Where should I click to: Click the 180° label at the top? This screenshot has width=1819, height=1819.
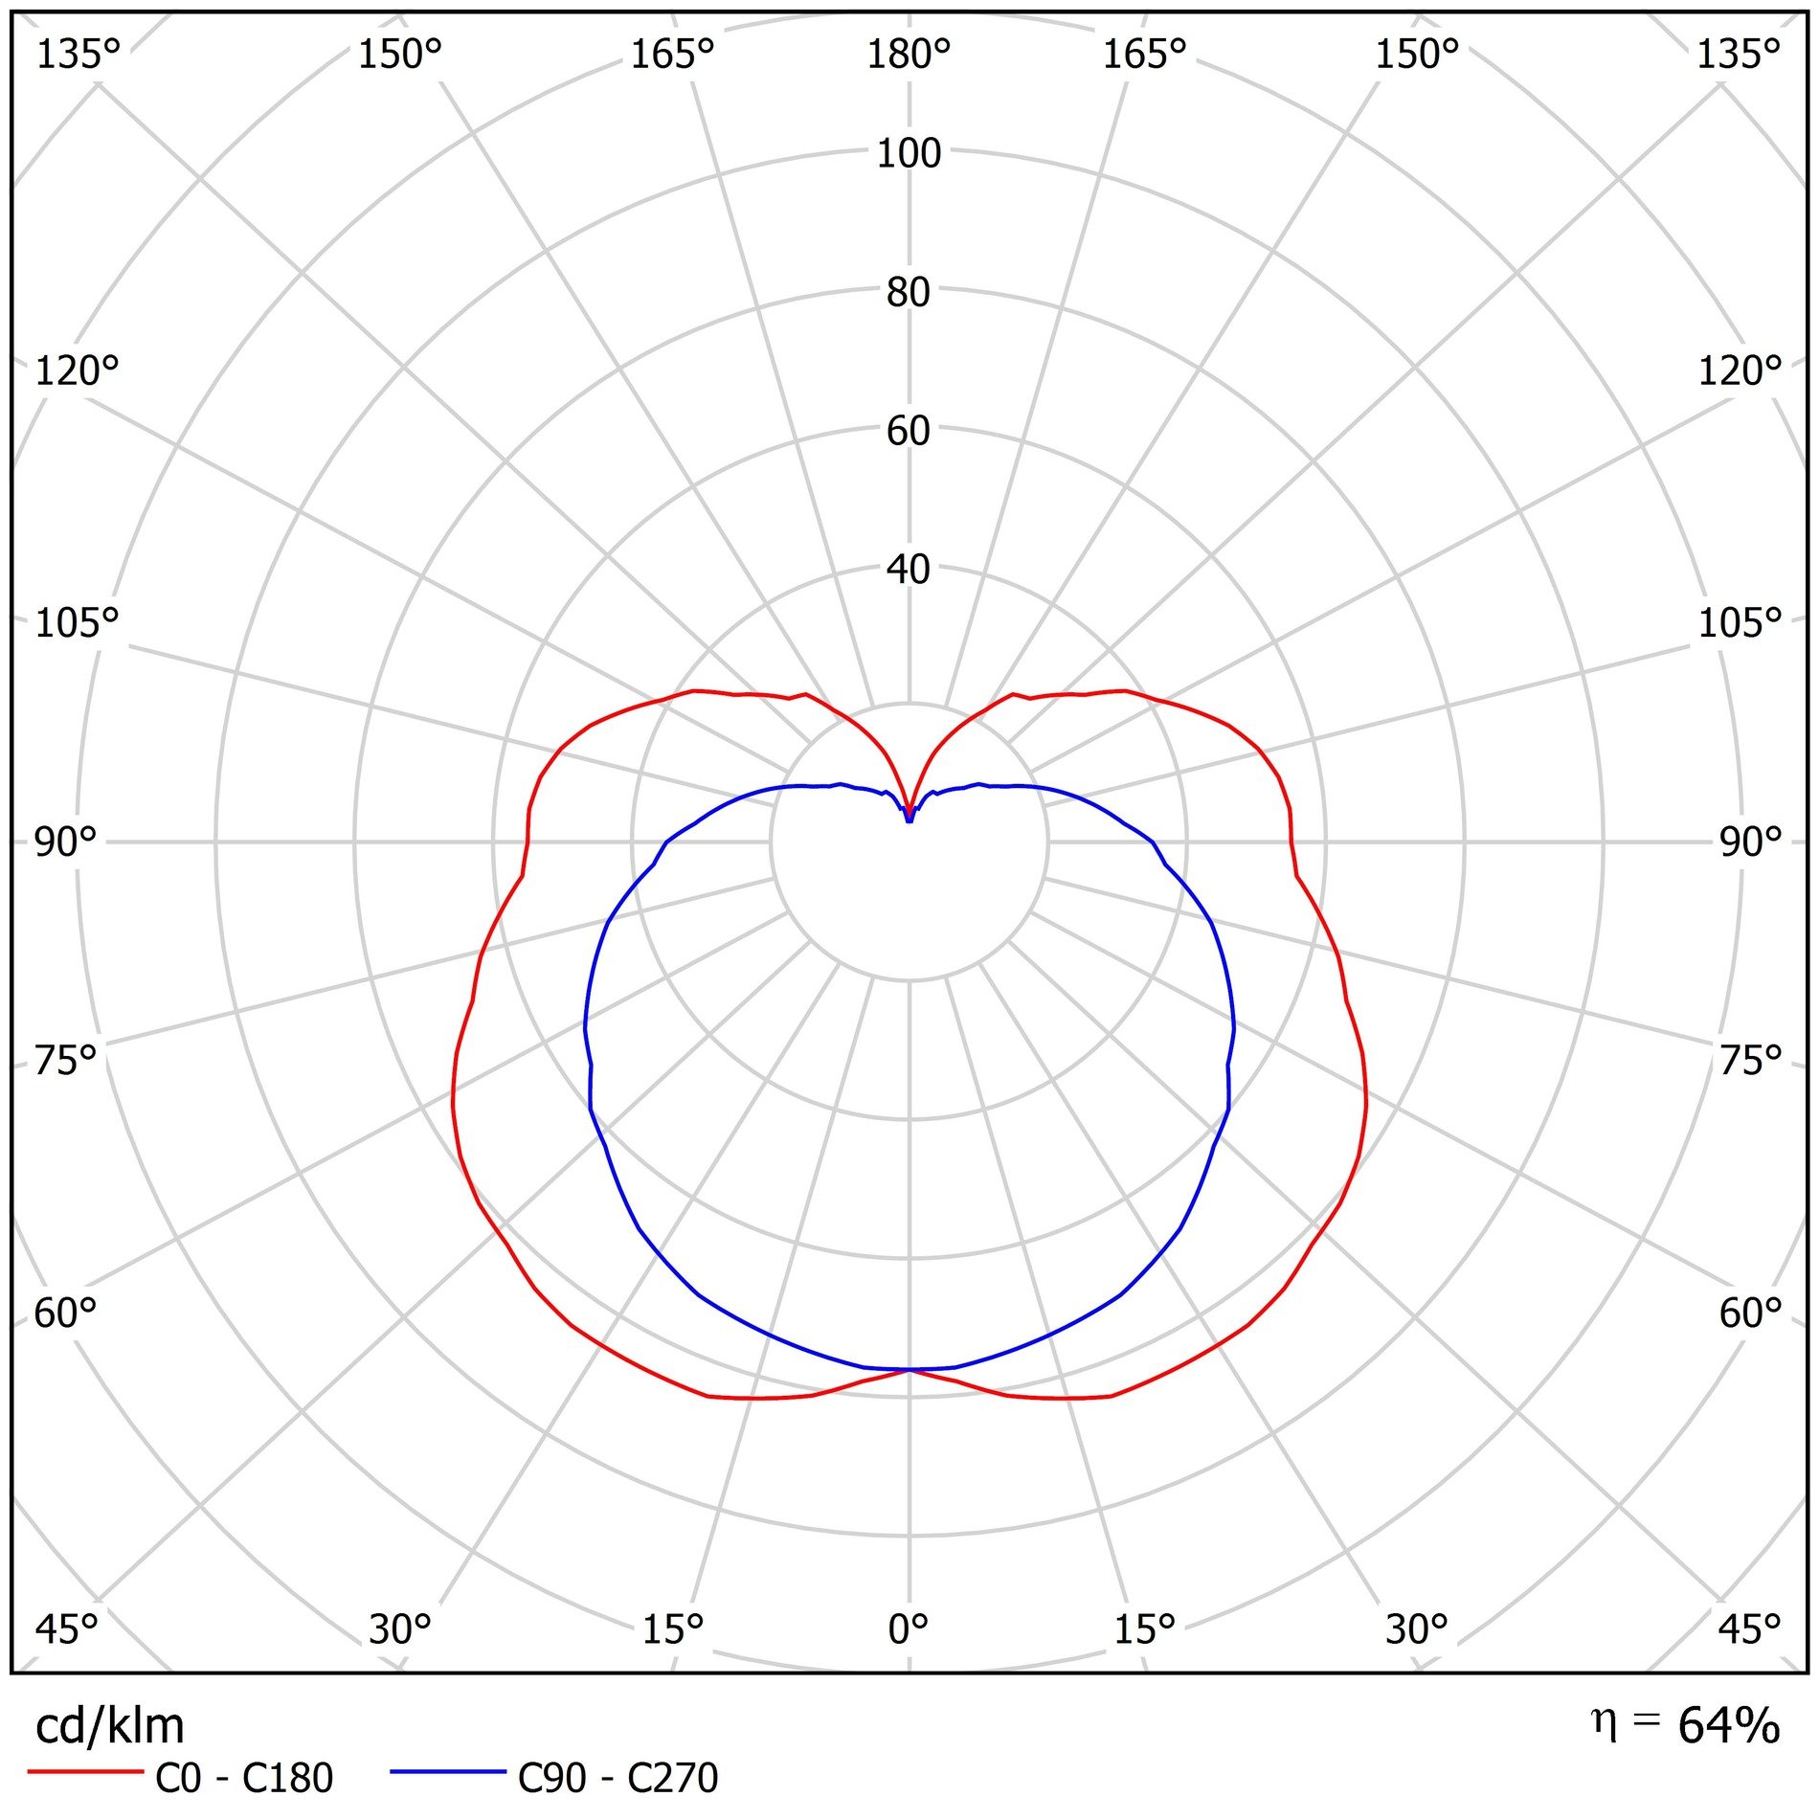point(908,55)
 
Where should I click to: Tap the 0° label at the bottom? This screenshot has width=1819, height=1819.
point(908,1628)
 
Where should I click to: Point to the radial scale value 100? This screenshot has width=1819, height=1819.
point(909,153)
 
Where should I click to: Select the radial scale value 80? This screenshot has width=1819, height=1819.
point(909,292)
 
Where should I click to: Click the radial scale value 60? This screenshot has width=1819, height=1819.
point(909,431)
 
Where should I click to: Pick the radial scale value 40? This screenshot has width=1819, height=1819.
point(909,570)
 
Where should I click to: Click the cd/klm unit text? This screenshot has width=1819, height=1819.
point(109,1727)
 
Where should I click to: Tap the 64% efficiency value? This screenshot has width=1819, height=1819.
point(1729,1725)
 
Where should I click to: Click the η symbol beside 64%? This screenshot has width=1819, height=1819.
point(1604,1721)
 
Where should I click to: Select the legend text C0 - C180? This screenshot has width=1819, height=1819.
point(244,1779)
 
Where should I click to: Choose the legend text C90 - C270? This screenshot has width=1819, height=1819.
point(618,1779)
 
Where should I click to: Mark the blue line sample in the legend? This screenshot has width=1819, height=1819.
point(447,1772)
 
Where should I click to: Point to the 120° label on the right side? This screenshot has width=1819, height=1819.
point(1740,371)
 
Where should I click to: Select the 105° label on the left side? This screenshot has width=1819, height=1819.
point(77,623)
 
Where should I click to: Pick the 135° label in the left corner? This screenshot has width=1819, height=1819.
point(78,55)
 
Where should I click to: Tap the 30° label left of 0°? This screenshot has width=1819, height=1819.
point(399,1628)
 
